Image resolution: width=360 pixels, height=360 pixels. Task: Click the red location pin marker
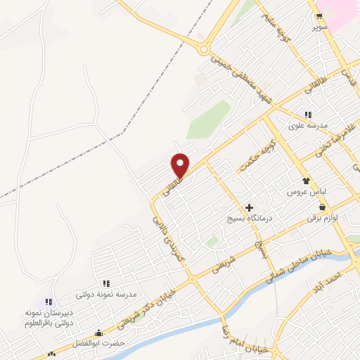[x=181, y=165]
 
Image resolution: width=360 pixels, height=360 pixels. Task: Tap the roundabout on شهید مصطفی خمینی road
[x=204, y=50]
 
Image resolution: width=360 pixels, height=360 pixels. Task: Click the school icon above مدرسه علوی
[x=307, y=114]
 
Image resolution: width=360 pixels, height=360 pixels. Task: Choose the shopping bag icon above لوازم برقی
[x=322, y=207]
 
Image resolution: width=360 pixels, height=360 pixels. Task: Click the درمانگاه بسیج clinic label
[x=247, y=220]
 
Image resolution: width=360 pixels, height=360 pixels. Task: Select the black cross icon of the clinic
[x=249, y=208]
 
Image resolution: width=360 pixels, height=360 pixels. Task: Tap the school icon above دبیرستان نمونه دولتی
[x=49, y=302]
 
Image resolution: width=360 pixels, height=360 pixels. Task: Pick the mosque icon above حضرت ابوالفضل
[x=98, y=333]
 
